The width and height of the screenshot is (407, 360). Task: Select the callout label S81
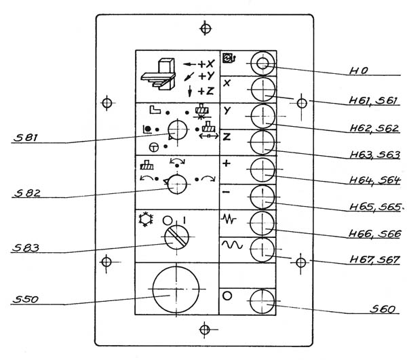click(x=25, y=139)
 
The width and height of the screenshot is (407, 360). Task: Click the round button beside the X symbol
click(x=262, y=89)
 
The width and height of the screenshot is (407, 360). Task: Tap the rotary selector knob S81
click(x=178, y=129)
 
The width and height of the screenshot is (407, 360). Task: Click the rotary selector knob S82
click(x=177, y=183)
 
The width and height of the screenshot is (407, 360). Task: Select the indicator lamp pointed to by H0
click(x=262, y=64)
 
